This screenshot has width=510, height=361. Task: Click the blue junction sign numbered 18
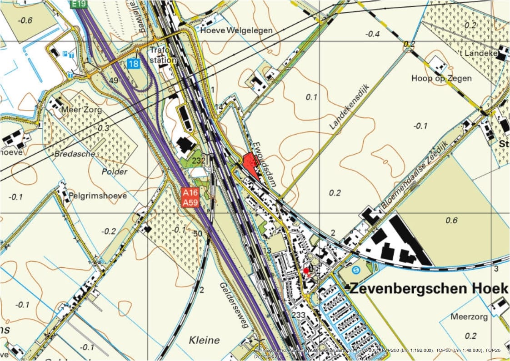tap(133, 64)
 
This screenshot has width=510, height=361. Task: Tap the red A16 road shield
tap(190, 193)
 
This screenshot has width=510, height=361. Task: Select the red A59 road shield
tap(190, 203)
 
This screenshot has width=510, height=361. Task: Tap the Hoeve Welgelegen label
tap(236, 30)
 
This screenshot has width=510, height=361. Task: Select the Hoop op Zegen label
tap(441, 78)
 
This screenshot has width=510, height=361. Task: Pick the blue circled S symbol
tap(357, 269)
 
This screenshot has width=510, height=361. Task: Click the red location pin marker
tap(306, 271)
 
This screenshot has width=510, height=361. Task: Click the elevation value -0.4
tap(372, 33)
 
